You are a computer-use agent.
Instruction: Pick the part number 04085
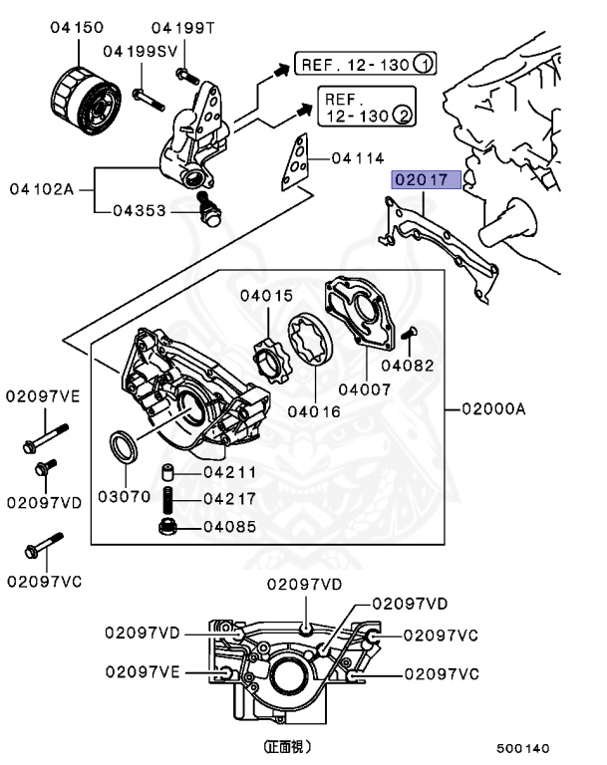point(230,526)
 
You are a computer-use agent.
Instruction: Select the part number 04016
point(315,410)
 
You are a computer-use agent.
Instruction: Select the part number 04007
point(366,389)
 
